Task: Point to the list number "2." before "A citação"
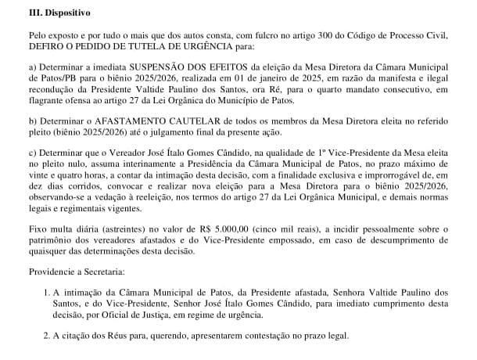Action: [48, 337]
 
